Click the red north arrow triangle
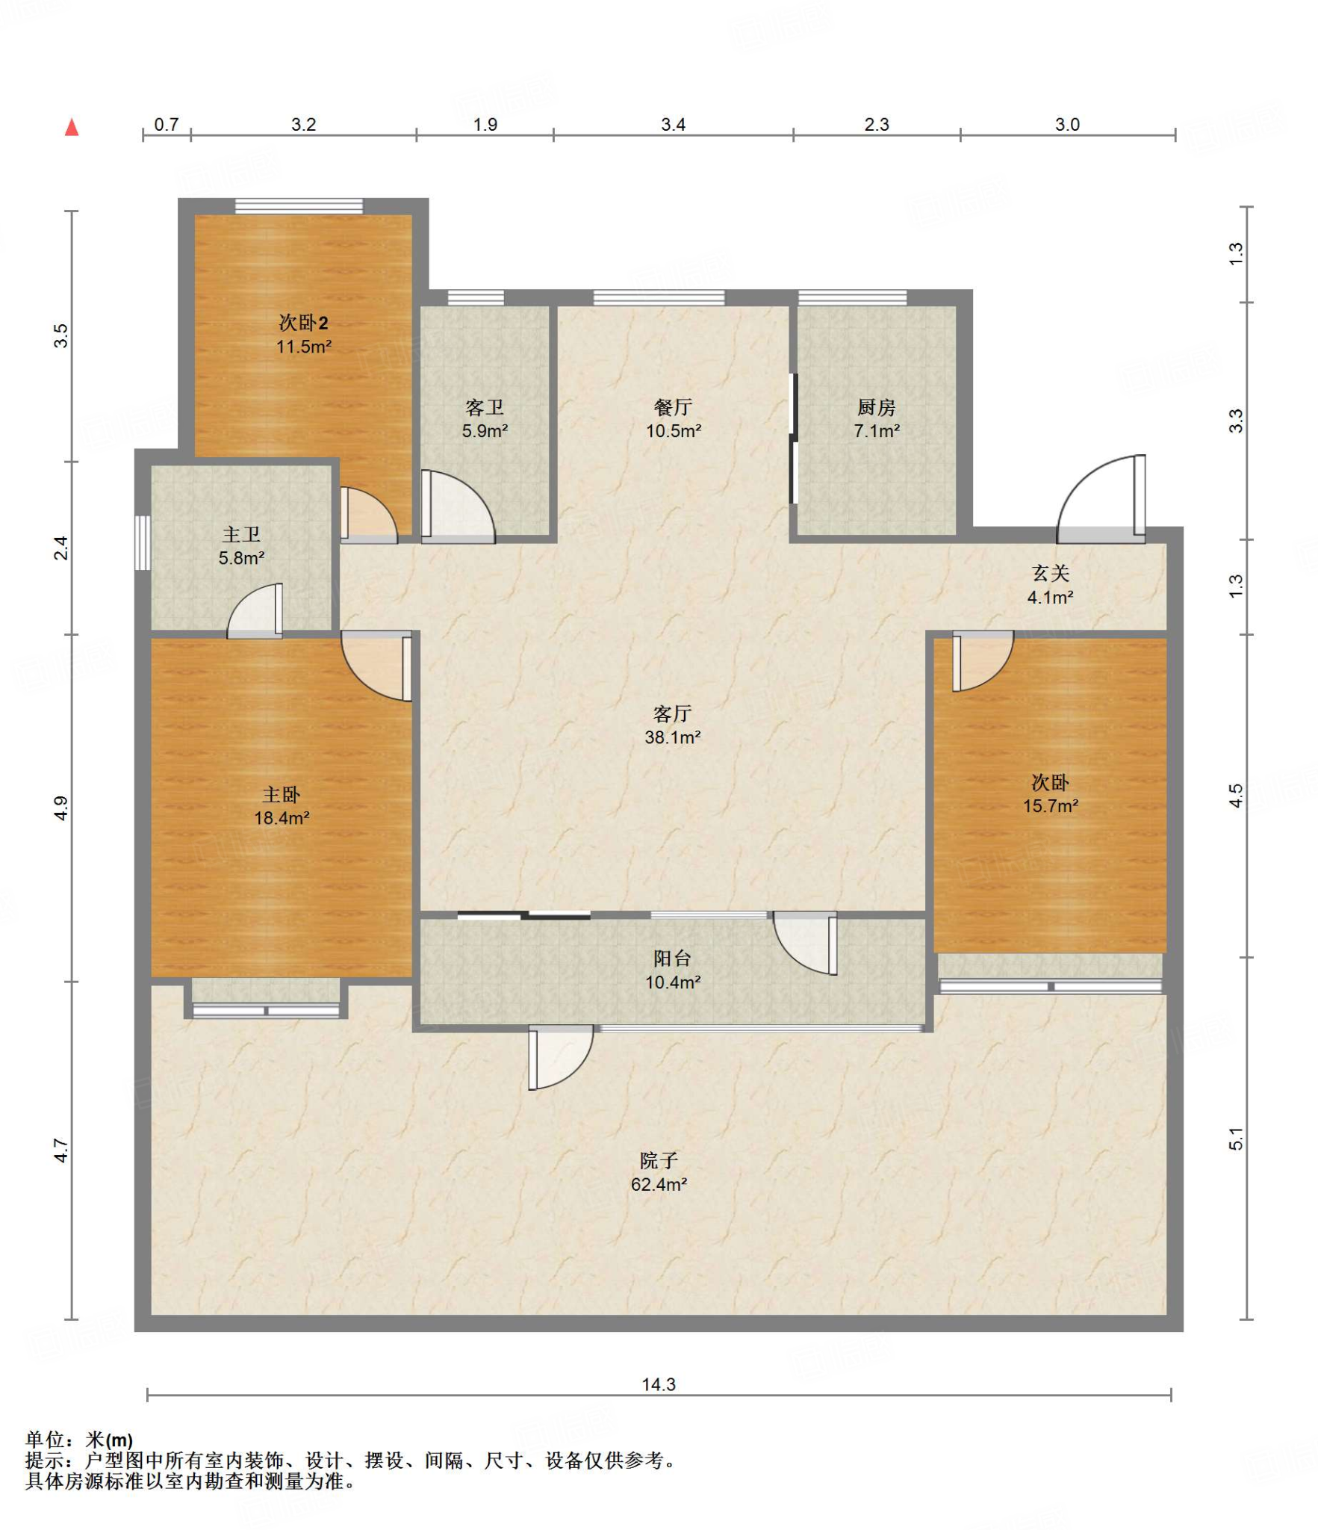72,127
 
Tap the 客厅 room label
672,713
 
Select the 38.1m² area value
672,737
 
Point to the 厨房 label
876,407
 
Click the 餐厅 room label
673,407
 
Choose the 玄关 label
1051,573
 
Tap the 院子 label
659,1160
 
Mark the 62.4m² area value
659,1184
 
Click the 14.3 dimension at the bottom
659,1384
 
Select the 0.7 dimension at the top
167,124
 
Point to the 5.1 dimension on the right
1236,1139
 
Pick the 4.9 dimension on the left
61,808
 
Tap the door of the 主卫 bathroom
255,610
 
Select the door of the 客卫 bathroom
458,506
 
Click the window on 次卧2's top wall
299,206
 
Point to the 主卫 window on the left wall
143,543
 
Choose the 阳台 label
672,958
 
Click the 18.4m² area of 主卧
282,818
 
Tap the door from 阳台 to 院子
561,1058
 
